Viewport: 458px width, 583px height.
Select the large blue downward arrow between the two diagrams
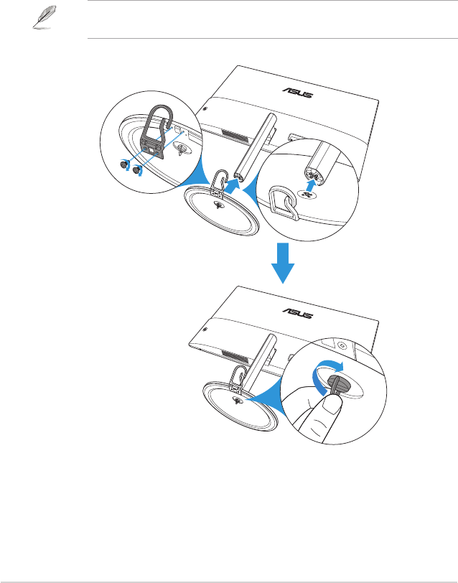[x=282, y=262]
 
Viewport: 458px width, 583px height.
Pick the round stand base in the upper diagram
[x=223, y=212]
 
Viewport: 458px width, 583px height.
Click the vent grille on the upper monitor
[x=232, y=136]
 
